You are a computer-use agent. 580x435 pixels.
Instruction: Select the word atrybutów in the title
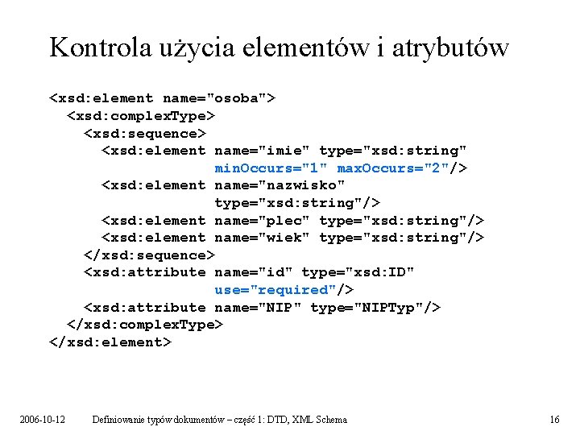[451, 48]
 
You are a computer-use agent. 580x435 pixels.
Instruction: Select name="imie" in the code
[263, 151]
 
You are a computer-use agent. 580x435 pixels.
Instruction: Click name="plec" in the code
[263, 221]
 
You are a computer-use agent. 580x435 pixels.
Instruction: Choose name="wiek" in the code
[263, 238]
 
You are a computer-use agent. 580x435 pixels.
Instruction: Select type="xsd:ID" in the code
[358, 272]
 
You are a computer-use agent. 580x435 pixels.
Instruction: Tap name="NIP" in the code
[258, 308]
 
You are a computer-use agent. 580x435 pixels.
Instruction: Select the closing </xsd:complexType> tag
[143, 325]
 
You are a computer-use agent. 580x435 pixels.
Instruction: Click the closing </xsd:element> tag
[110, 342]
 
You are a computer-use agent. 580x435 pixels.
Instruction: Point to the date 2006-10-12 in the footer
[43, 420]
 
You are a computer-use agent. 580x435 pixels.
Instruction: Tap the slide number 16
[554, 420]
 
